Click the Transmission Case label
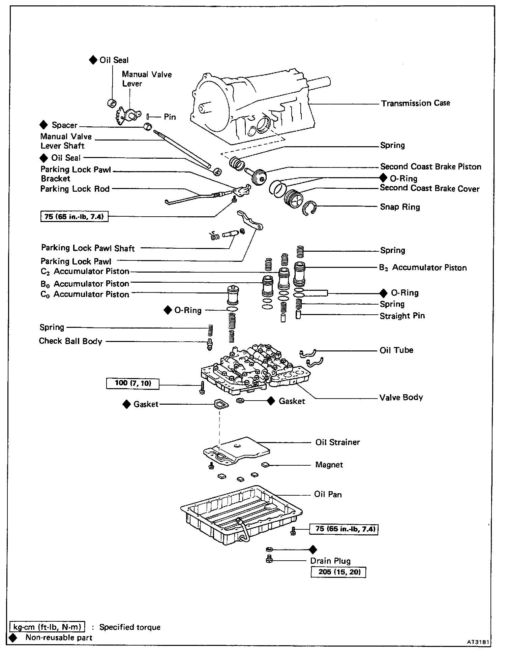pos(415,103)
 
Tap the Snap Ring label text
pos(400,207)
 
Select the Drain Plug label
pos(330,561)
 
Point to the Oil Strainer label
pos(337,442)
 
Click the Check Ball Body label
pos(70,341)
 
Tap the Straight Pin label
pos(402,316)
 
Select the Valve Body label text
pos(401,398)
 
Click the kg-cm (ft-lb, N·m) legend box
pos(48,627)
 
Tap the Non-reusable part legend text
pos(59,637)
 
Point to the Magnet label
pos(329,465)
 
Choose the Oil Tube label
pos(396,350)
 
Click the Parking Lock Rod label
pos(75,189)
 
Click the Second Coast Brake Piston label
pos(430,166)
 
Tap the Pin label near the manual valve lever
pos(170,117)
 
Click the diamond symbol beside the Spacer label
pos(43,125)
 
